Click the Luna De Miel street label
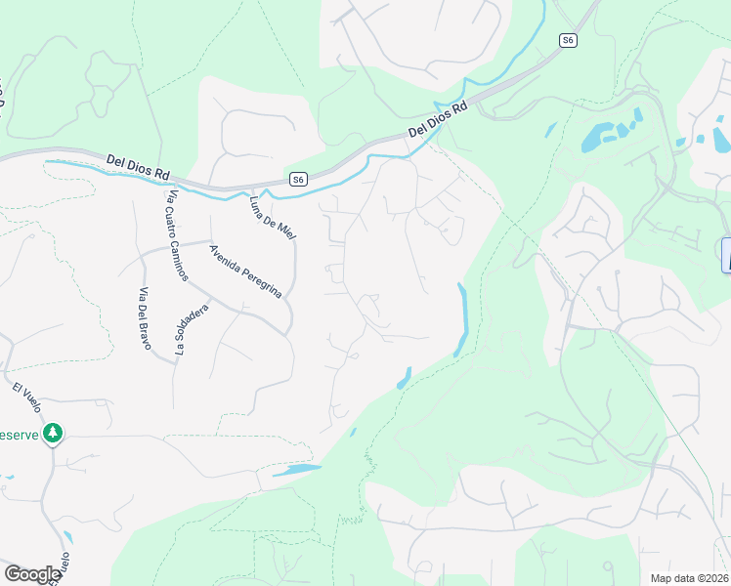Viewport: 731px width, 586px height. pos(272,217)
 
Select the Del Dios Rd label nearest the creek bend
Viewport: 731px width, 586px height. pos(438,118)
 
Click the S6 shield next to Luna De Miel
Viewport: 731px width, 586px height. pos(298,179)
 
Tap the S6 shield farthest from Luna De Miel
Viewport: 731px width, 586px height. pos(569,40)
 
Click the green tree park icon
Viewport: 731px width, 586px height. pos(54,433)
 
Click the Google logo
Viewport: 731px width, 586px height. pos(32,574)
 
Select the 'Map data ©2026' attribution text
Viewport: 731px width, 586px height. pos(689,577)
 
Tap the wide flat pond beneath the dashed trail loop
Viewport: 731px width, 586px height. pos(297,471)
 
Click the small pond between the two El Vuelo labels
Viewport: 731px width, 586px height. pos(67,538)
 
